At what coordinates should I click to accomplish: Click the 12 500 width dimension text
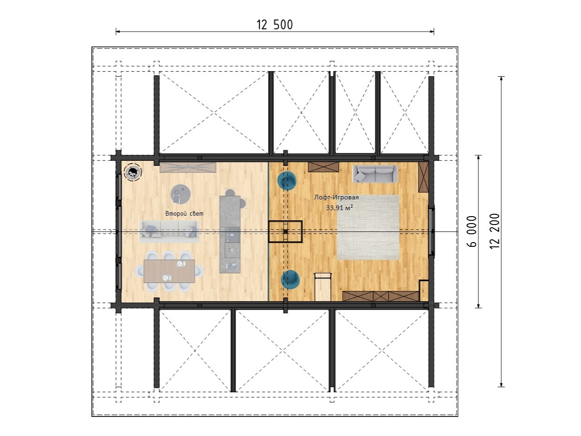coord(274,25)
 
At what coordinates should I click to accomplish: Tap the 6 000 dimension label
coord(472,231)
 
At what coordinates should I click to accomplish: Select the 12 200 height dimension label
coord(495,231)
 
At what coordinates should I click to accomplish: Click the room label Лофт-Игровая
coord(336,198)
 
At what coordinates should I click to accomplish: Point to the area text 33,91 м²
coord(339,208)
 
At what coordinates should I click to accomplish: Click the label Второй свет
coord(184,213)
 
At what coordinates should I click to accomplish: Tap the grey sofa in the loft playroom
coord(375,174)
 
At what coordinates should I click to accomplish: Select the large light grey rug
coord(368,227)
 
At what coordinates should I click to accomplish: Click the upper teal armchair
coord(287,181)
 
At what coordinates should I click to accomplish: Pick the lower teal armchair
coord(290,280)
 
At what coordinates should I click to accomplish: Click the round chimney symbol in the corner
coord(133,172)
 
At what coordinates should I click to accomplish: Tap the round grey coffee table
coord(181,194)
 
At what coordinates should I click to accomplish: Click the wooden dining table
coord(170,271)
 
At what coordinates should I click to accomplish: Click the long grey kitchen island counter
coord(230,234)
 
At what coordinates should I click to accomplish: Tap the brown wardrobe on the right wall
coord(423,177)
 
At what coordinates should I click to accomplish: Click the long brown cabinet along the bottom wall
coord(381,296)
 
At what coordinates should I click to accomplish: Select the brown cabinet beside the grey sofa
coord(323,167)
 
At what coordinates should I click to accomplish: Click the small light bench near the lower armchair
coord(323,287)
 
